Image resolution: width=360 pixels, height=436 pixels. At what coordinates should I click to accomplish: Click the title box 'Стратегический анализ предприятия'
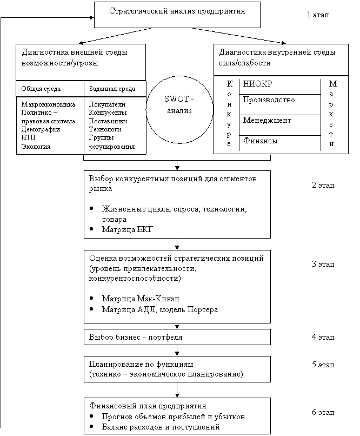(177, 14)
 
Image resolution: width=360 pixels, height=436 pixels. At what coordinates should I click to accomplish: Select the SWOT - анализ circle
(178, 105)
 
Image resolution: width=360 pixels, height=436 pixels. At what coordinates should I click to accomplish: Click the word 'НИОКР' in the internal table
(258, 84)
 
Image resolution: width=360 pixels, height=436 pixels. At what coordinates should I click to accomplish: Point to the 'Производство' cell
(269, 100)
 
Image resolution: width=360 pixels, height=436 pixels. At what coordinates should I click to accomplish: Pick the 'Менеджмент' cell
(267, 120)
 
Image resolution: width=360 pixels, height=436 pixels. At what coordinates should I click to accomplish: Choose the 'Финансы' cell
(260, 141)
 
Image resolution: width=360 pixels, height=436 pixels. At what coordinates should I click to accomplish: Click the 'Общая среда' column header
(41, 89)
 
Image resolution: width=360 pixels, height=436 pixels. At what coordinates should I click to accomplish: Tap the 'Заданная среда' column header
(111, 89)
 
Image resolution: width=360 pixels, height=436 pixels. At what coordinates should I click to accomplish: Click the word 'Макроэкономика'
(48, 104)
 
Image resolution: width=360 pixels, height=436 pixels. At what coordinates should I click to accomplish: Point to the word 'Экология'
(36, 146)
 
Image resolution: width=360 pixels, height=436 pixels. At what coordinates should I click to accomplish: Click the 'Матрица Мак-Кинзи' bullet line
(140, 299)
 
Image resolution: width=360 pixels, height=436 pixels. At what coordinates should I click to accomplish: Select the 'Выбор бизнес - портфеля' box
(177, 337)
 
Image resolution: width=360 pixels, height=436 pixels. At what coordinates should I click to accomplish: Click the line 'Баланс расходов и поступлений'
(161, 427)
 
